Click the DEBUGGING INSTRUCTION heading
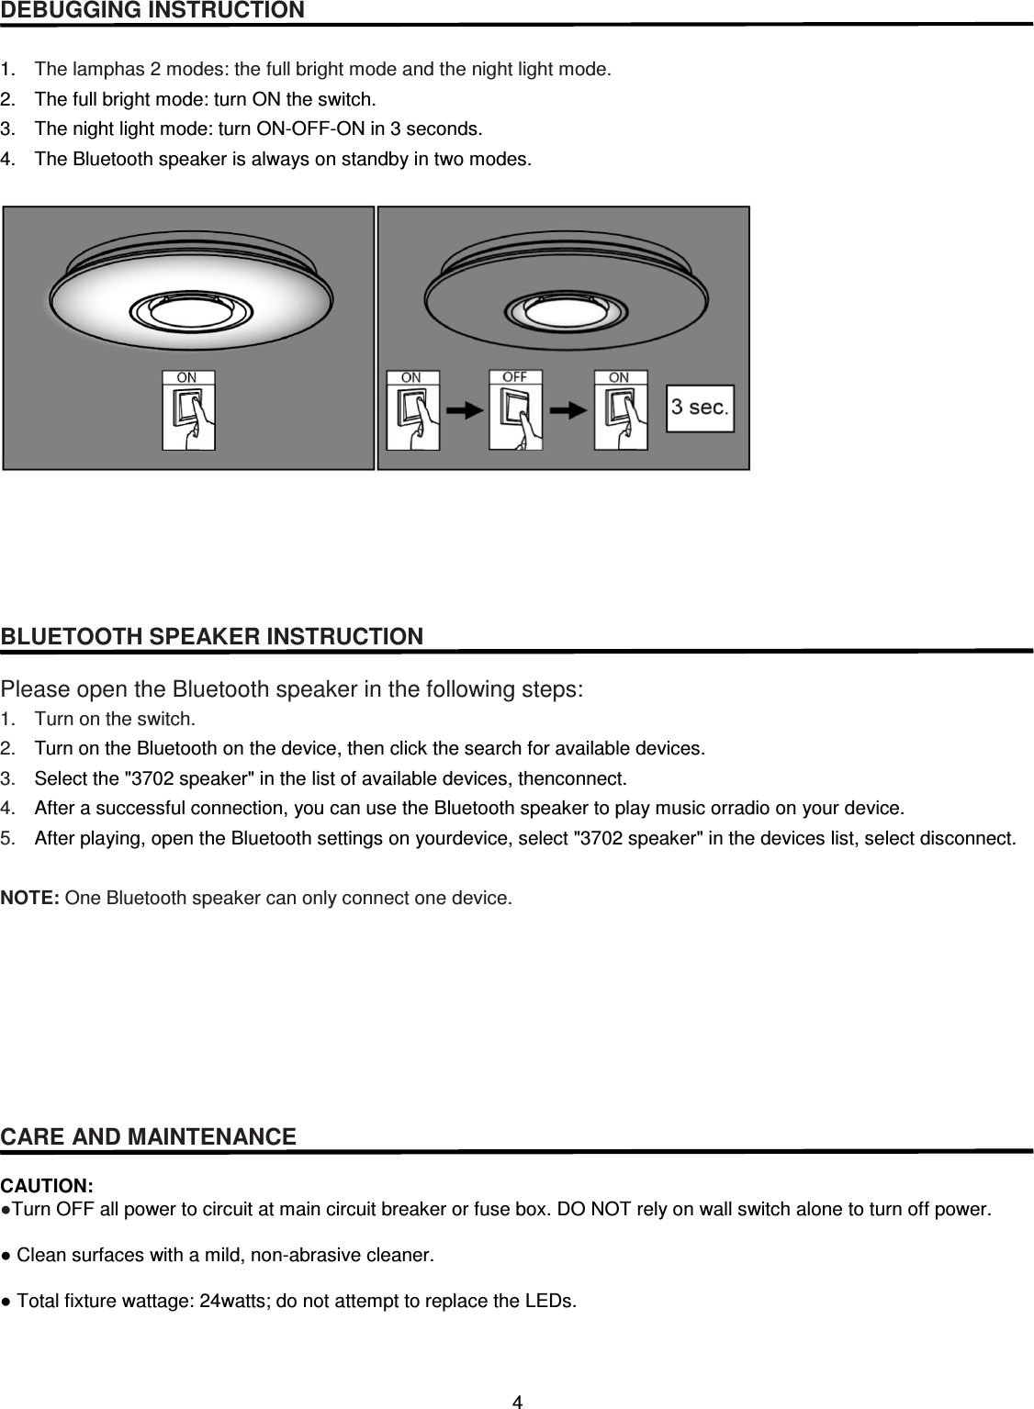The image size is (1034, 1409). click(x=152, y=11)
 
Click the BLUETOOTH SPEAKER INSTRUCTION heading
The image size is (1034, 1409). click(x=212, y=636)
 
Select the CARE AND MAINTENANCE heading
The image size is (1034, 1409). click(x=149, y=1137)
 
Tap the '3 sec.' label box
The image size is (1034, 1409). click(x=700, y=407)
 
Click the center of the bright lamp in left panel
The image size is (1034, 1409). click(x=190, y=309)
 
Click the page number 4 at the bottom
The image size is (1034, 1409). click(x=517, y=1401)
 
